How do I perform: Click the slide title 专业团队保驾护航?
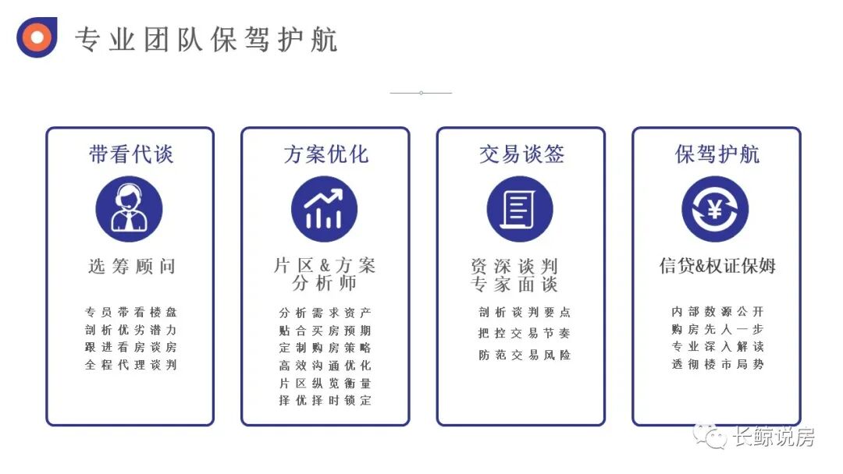tap(206, 39)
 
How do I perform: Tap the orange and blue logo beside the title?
tap(37, 37)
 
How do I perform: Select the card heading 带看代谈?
tap(130, 154)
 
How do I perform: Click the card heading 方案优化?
tap(325, 154)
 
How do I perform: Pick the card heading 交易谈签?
tap(521, 154)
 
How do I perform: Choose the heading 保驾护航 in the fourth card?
tap(717, 154)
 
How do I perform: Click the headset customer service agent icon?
tap(129, 209)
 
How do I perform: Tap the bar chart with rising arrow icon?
tap(325, 209)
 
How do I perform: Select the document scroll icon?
tap(519, 209)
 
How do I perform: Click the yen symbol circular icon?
tap(715, 209)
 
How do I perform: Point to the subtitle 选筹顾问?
tap(131, 267)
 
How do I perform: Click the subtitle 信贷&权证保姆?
tap(717, 266)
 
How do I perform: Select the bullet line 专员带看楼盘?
tap(130, 312)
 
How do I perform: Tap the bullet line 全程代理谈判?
tap(130, 365)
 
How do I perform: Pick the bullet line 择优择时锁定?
tap(325, 401)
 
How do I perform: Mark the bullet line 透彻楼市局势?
tap(717, 364)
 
